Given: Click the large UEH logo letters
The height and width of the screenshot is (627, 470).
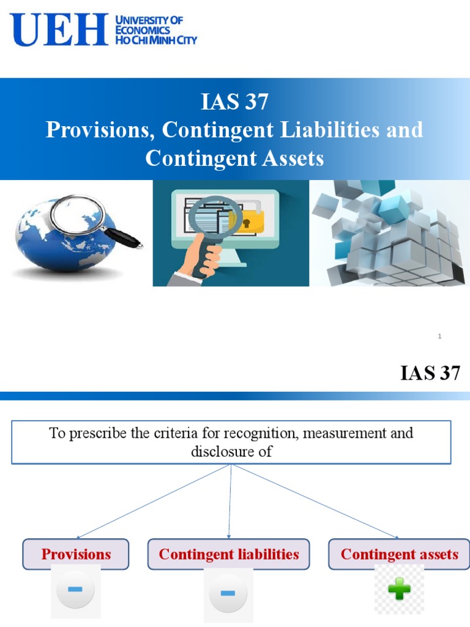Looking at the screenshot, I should click(59, 31).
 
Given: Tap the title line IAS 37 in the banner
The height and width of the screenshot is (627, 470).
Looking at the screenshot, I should click(234, 102).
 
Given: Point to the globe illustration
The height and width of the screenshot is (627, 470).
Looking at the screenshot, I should click(61, 236).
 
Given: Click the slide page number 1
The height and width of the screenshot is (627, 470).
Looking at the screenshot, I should click(440, 336).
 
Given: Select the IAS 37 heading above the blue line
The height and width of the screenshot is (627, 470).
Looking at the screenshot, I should click(430, 373).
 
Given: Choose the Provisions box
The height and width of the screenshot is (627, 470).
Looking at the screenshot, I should click(76, 554).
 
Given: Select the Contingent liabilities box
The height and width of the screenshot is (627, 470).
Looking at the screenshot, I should click(229, 554).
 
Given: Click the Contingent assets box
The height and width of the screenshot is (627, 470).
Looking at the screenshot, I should click(399, 554).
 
